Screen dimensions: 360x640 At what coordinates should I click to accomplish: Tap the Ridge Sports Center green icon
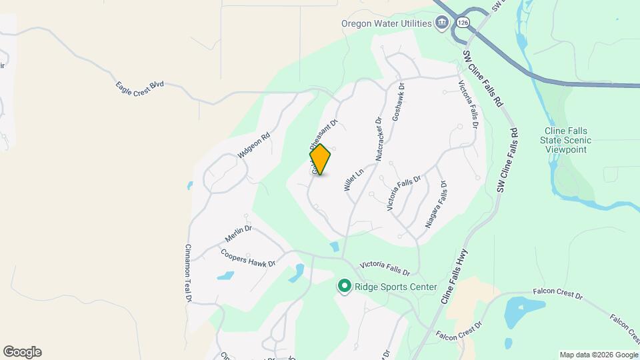345,287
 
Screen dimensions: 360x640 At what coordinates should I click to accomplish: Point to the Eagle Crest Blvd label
139,87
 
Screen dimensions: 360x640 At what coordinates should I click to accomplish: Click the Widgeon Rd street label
253,147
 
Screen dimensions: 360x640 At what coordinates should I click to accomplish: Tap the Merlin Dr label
238,233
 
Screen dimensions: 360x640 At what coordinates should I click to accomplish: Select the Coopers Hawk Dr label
248,259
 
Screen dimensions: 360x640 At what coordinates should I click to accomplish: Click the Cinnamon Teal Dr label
188,273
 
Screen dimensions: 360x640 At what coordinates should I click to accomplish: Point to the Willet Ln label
353,180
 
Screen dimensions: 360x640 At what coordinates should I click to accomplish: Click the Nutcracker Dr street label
378,140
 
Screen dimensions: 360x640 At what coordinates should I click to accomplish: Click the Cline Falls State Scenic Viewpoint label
567,140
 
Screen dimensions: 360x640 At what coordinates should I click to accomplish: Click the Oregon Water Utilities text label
386,22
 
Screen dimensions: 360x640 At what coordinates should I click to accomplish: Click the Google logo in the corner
22,352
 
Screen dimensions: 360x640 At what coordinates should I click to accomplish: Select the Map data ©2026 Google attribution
599,355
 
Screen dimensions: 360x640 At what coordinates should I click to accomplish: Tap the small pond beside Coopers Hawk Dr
225,275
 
